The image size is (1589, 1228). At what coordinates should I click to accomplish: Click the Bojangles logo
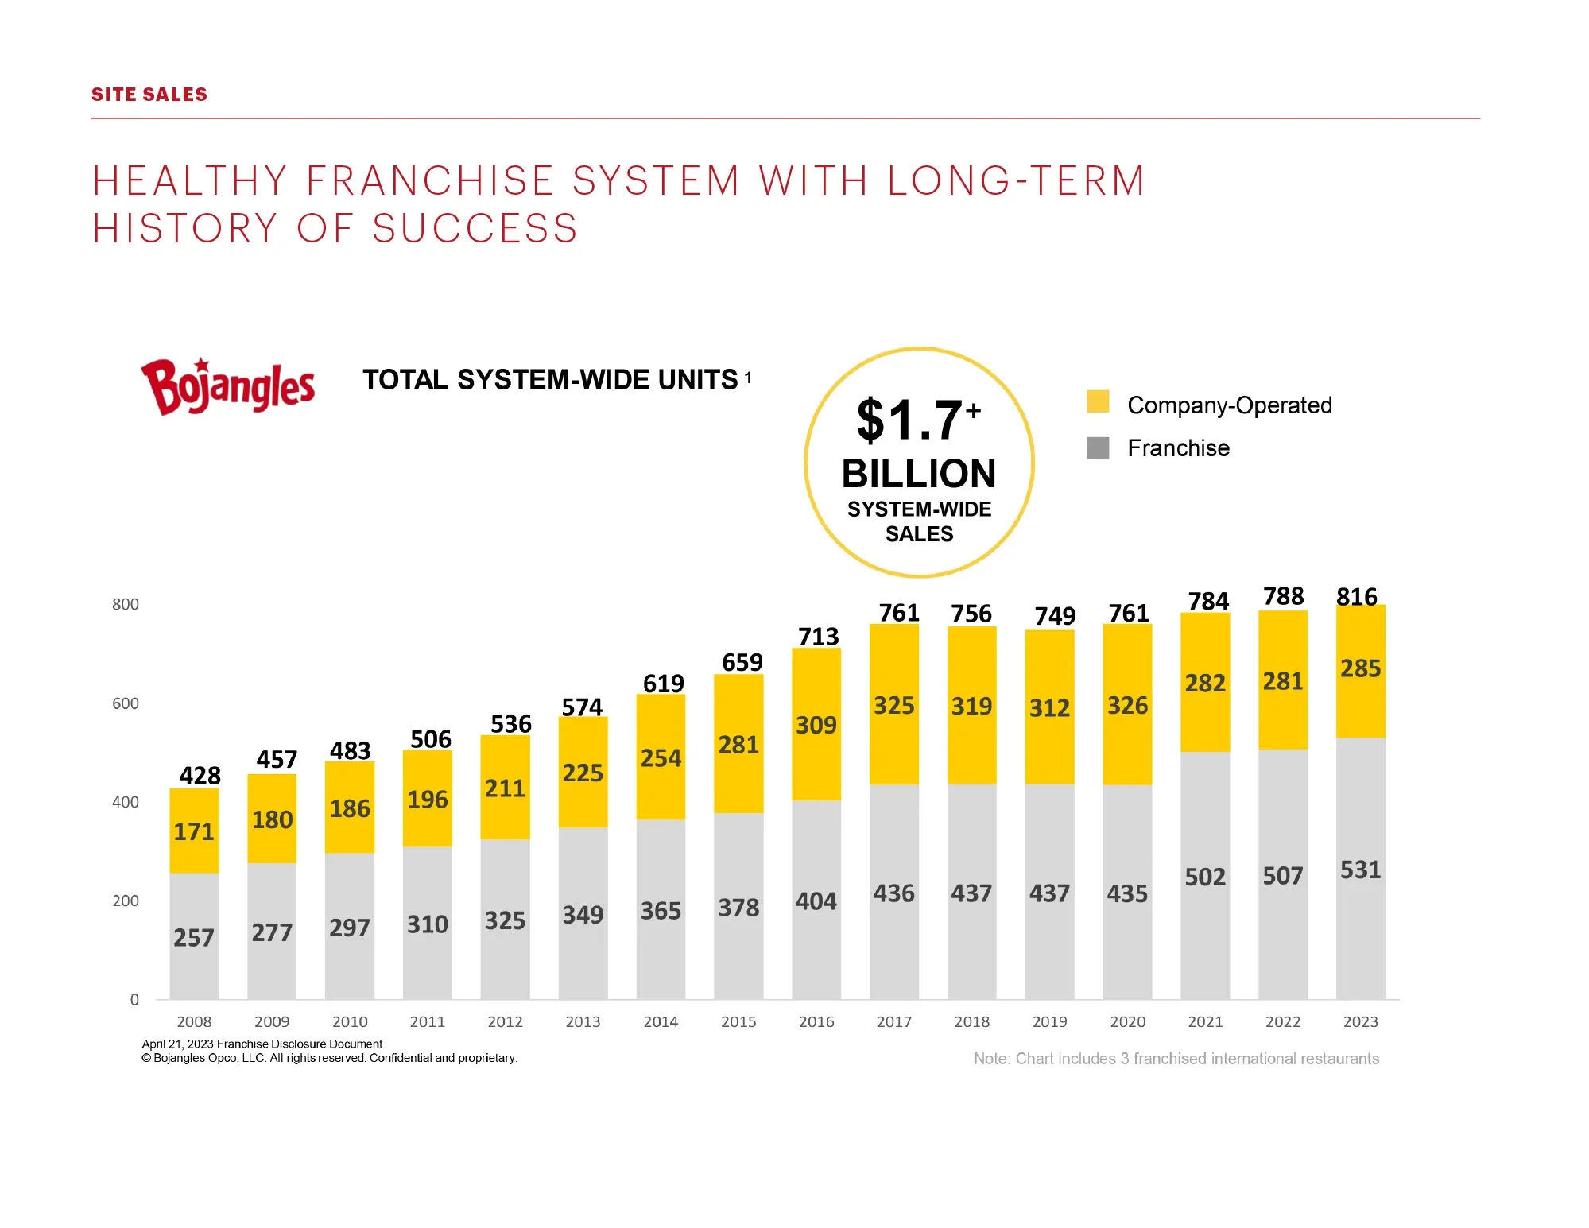point(227,387)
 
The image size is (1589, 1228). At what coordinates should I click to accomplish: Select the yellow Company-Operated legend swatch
point(1098,401)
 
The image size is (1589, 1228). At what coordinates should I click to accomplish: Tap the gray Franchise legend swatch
point(1098,448)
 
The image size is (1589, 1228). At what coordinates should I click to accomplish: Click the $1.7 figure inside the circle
point(918,420)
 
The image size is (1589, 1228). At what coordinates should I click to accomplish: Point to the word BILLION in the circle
point(919,474)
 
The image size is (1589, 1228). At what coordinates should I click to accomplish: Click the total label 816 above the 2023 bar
point(1357,596)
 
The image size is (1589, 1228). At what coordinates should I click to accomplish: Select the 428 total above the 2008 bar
point(200,776)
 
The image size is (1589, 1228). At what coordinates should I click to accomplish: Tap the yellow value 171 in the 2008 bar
point(194,831)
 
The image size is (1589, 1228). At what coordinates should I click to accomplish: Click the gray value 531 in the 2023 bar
point(1360,870)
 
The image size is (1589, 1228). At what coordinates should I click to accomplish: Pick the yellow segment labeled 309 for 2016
point(816,724)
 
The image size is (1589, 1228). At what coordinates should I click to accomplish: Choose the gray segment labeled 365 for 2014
point(661,909)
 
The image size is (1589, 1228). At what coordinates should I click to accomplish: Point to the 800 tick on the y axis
point(126,604)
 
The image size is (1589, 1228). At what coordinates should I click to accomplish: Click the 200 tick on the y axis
point(126,901)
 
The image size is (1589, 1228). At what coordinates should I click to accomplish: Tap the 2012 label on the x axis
point(506,1021)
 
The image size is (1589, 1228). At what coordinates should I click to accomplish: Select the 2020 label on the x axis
point(1128,1021)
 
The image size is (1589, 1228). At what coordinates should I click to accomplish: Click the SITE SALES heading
point(149,95)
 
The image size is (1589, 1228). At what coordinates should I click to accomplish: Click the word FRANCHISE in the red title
point(430,180)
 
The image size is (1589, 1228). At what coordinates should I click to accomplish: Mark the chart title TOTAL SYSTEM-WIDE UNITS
point(551,380)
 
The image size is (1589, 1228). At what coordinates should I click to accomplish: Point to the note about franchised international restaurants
point(1176,1059)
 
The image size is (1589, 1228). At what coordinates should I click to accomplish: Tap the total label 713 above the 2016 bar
point(819,637)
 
